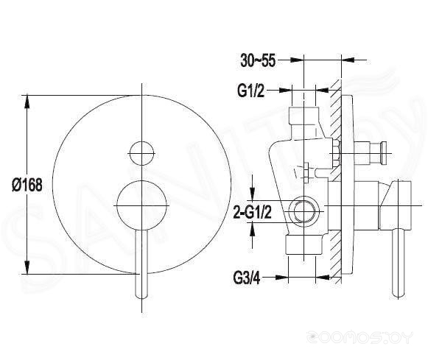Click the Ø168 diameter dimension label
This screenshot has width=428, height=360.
tap(27, 185)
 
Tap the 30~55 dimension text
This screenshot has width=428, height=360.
tap(258, 60)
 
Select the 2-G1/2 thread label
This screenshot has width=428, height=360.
tap(253, 212)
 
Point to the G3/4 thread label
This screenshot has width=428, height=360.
tap(247, 278)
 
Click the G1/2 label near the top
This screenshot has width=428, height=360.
tap(251, 91)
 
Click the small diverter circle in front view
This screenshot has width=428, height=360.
tap(141, 153)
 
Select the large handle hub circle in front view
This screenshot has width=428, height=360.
tap(141, 205)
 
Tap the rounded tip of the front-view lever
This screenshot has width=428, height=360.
tap(141, 295)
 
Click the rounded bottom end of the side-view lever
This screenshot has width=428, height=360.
tap(399, 294)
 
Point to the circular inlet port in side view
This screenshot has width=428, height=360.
tap(304, 211)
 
